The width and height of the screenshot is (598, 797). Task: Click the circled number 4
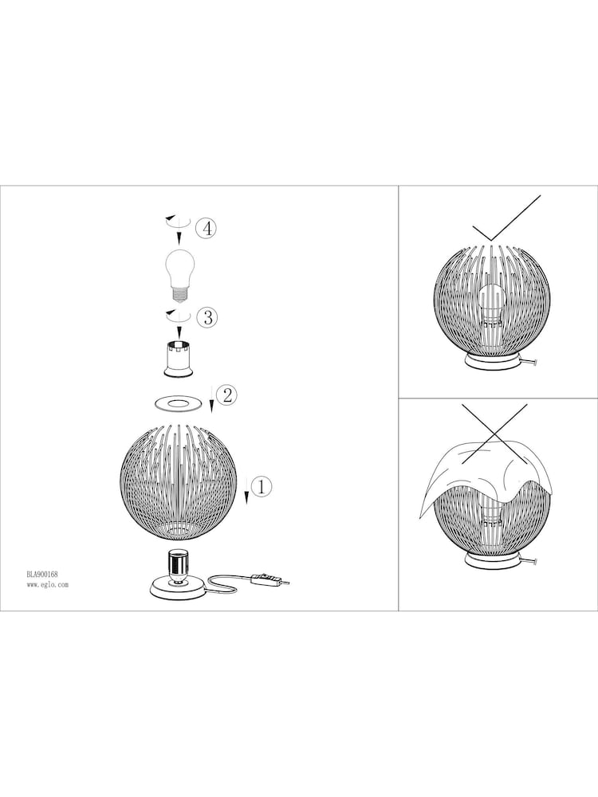click(207, 228)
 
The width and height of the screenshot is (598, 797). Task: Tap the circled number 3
click(207, 317)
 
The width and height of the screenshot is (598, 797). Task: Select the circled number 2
click(227, 395)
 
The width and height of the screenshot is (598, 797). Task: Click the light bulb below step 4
click(181, 273)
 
